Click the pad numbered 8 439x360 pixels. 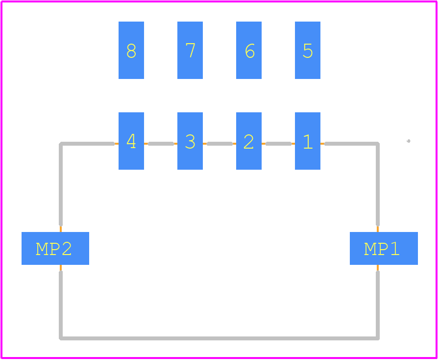pos(131,50)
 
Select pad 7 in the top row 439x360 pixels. pos(190,50)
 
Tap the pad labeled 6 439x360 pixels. pos(249,50)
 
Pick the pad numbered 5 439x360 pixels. pos(308,50)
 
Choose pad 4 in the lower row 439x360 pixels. pos(131,141)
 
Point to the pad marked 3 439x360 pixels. pos(190,141)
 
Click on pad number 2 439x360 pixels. pos(249,141)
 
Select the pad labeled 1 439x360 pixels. pos(308,141)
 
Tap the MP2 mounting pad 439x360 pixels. pos(55,248)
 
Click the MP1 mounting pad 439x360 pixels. pos(384,248)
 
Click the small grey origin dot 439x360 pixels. pos(409,141)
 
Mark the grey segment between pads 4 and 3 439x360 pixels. pos(161,144)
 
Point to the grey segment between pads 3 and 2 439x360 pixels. pos(220,144)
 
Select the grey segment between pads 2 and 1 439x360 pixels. pos(279,144)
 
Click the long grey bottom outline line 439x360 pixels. pos(219,338)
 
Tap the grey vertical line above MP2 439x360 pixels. pos(61,184)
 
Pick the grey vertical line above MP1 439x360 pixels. pos(378,184)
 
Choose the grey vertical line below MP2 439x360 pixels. pos(61,306)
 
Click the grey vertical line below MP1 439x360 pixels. pos(378,306)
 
